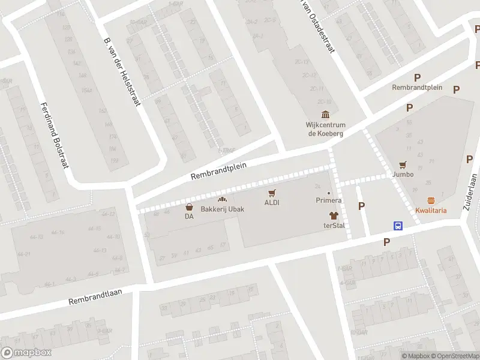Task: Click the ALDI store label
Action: click(272, 203)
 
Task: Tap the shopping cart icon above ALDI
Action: click(272, 193)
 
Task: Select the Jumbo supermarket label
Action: click(403, 174)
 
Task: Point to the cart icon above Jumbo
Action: click(403, 164)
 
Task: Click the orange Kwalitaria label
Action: click(431, 211)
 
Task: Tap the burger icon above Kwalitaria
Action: click(431, 200)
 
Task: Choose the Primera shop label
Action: click(329, 200)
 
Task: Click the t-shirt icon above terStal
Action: click(332, 215)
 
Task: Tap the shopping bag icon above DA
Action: click(189, 207)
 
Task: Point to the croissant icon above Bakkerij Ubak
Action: click(222, 200)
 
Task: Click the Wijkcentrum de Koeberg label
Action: click(325, 129)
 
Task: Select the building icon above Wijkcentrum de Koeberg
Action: click(325, 115)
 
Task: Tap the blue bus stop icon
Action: click(398, 226)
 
